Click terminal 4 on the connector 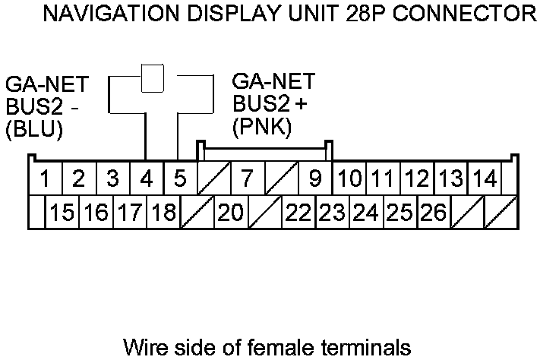tap(146, 180)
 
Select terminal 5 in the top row tap(180, 180)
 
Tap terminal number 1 tap(46, 180)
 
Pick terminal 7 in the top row tap(247, 180)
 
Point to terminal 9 tap(314, 180)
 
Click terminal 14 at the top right tap(484, 180)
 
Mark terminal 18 tap(163, 213)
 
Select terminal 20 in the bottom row tap(230, 213)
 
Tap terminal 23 tap(331, 213)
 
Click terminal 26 tap(433, 213)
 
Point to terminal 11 tap(383, 180)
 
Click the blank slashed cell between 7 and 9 tap(281, 180)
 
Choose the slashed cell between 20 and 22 tap(264, 213)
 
